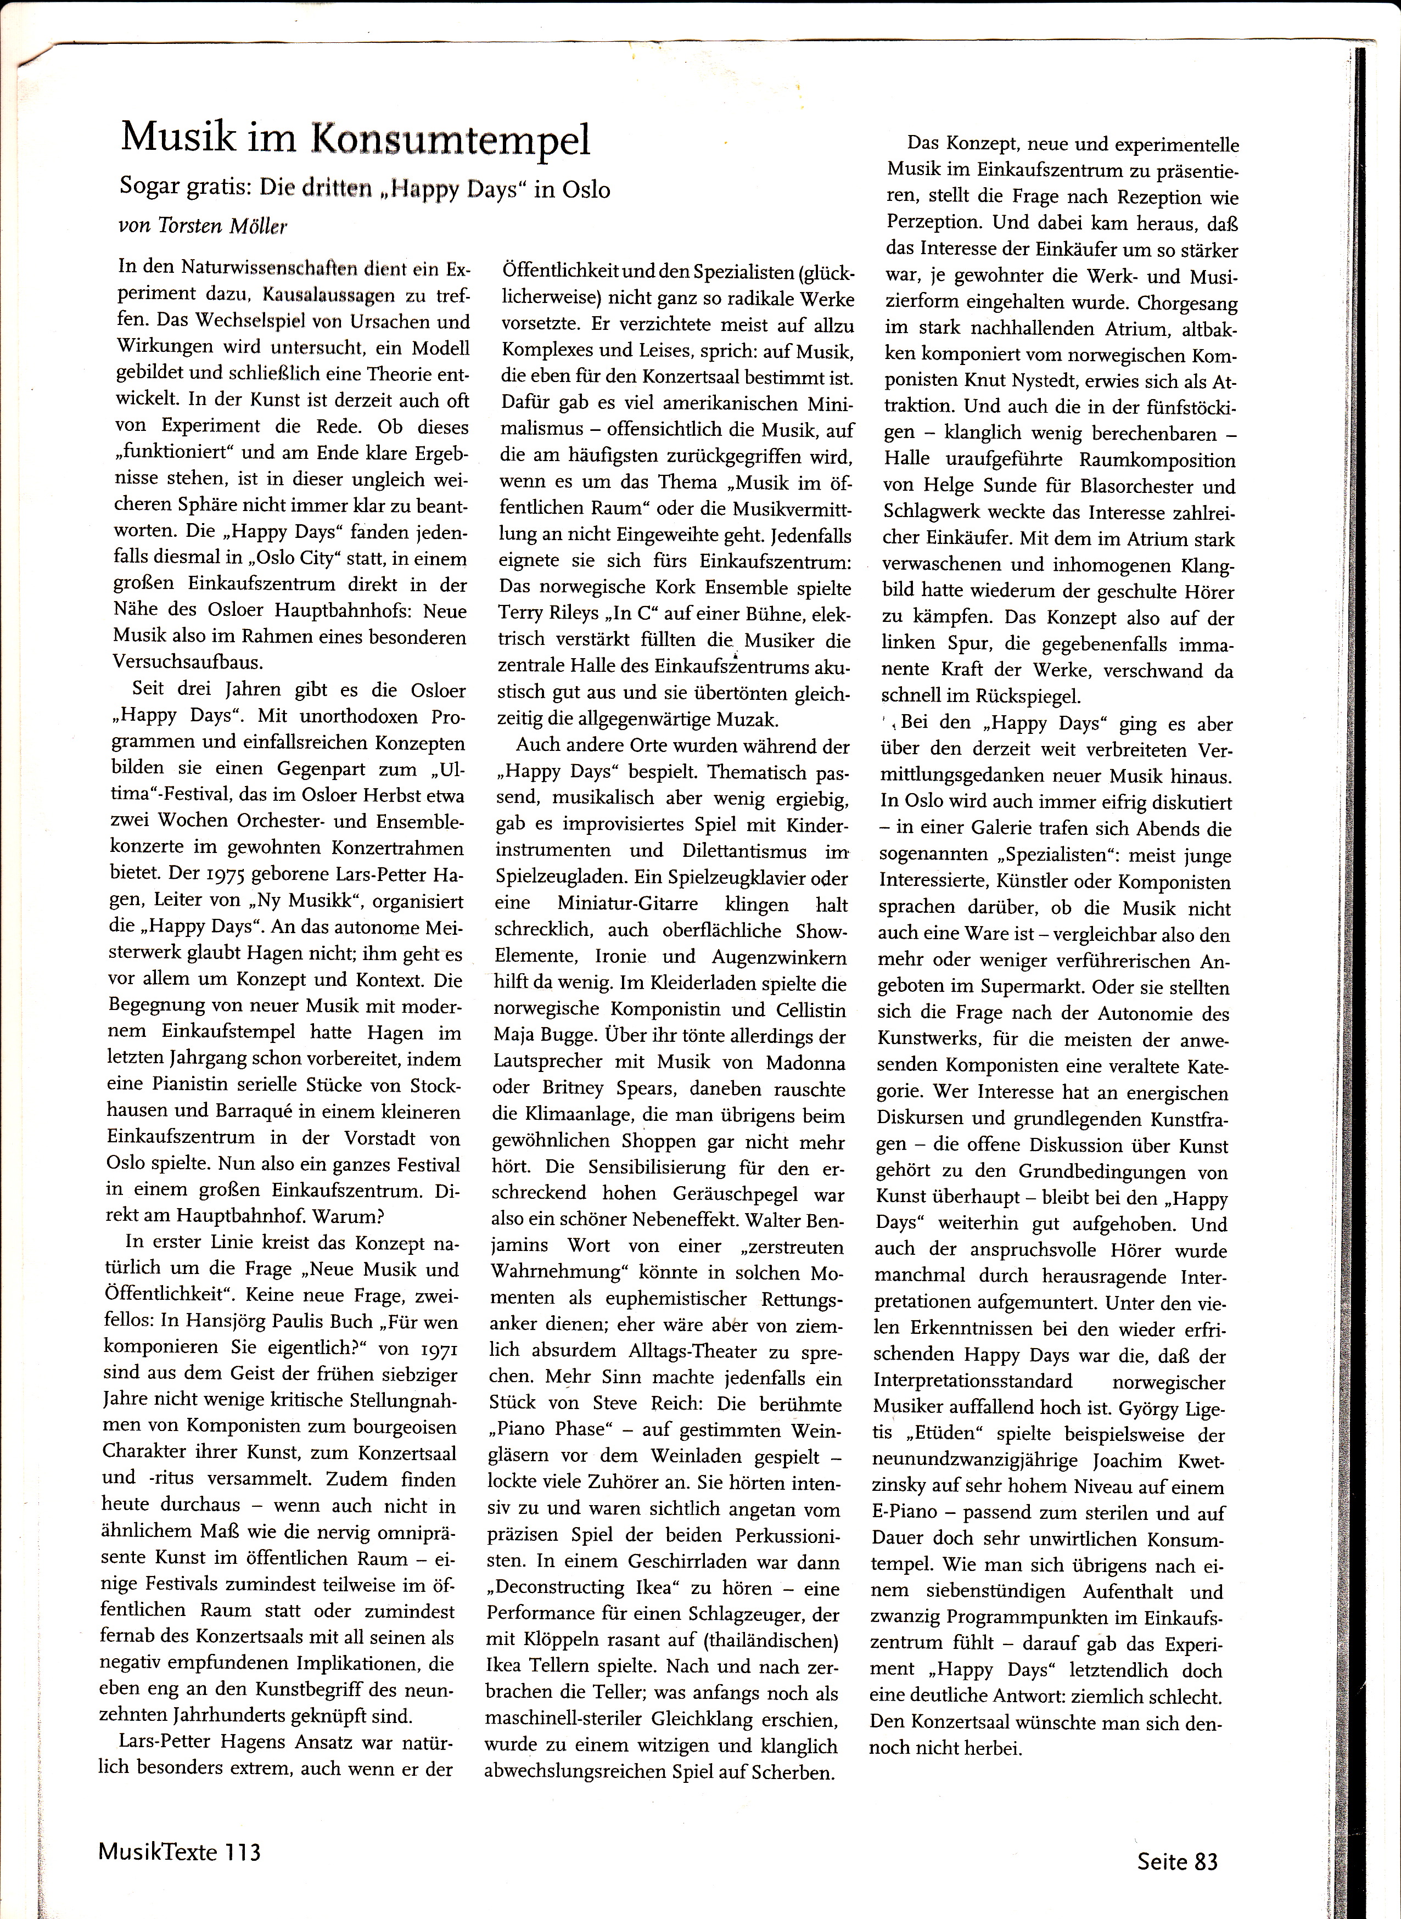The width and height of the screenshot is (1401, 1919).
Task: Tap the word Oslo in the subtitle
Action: click(x=584, y=189)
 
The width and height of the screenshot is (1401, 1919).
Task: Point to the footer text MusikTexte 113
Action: click(x=179, y=1845)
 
